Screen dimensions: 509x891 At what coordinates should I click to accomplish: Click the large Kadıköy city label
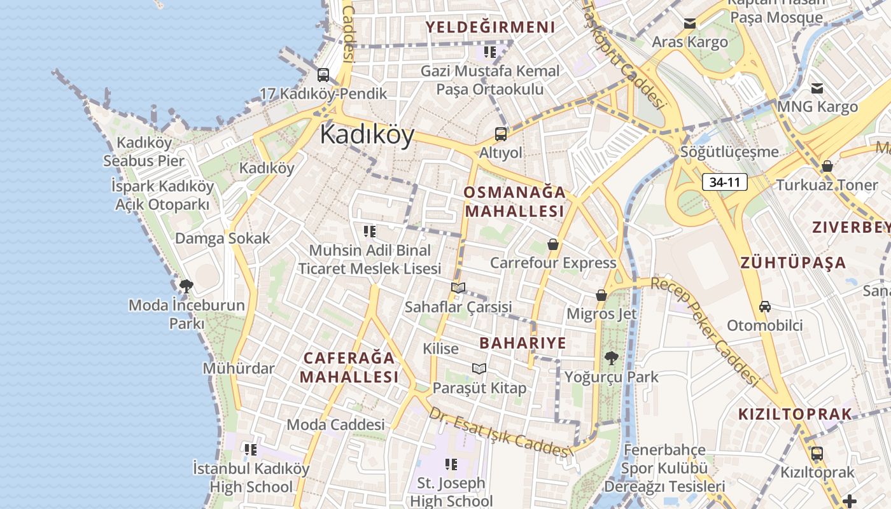pos(367,134)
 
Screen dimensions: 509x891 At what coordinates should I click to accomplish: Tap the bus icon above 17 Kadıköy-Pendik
pos(323,74)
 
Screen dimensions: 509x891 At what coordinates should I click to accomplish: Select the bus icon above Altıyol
pos(501,134)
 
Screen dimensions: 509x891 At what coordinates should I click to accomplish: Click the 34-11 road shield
pos(725,183)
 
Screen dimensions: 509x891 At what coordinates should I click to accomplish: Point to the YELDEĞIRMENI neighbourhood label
pos(490,27)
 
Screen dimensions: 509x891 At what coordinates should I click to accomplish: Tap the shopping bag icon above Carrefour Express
pos(553,244)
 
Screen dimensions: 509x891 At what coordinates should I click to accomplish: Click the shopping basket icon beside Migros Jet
pos(601,295)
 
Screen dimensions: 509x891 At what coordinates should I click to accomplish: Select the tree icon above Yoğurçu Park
pos(611,358)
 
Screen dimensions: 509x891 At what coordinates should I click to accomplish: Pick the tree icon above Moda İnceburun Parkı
pos(186,286)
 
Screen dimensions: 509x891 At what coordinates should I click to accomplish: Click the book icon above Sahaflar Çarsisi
pos(458,288)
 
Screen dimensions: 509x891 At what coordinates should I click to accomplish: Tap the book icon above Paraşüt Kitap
pos(479,368)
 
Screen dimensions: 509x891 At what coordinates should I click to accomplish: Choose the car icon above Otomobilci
pos(765,307)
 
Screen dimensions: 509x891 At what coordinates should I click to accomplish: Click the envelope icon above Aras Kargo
pos(689,24)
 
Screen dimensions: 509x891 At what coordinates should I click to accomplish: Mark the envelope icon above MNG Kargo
pos(817,88)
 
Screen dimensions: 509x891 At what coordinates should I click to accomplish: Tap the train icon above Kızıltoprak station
pos(817,454)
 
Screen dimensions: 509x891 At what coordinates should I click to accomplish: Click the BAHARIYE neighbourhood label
pos(523,343)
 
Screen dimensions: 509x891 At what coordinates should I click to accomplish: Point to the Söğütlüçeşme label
pos(729,152)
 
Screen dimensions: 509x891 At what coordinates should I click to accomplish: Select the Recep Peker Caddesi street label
pos(710,331)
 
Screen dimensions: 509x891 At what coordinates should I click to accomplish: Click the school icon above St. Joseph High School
pos(451,464)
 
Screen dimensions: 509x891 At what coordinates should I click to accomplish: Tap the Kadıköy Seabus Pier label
pos(144,151)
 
